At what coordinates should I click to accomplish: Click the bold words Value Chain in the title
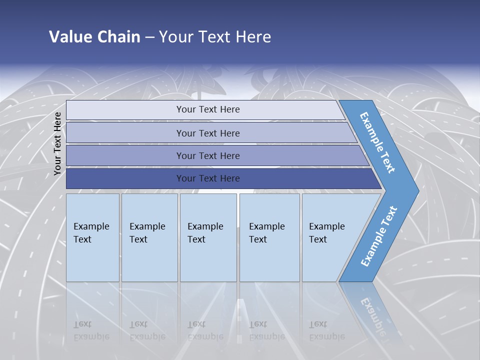click(x=94, y=37)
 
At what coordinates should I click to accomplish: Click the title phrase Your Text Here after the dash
click(x=215, y=37)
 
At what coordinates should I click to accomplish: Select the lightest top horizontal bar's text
click(x=208, y=109)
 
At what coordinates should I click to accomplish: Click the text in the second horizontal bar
click(x=208, y=133)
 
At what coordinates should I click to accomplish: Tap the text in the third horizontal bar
click(x=208, y=156)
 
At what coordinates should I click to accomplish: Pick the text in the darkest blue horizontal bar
click(x=208, y=178)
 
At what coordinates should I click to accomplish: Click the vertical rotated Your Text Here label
click(x=57, y=143)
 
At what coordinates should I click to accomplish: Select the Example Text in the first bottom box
click(x=91, y=233)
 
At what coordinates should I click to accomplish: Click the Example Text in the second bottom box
click(x=147, y=233)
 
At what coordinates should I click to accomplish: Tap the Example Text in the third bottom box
click(x=205, y=233)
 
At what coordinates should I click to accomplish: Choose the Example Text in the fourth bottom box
click(x=266, y=233)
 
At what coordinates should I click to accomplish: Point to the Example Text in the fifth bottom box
click(x=326, y=233)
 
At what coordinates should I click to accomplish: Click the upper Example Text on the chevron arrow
click(x=377, y=142)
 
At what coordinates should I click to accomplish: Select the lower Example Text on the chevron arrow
click(x=378, y=236)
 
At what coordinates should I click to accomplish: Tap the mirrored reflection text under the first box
click(x=91, y=330)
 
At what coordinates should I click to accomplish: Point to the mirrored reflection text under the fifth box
click(x=326, y=330)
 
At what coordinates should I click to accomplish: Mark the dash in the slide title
click(x=149, y=37)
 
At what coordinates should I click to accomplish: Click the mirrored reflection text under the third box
click(x=205, y=330)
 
